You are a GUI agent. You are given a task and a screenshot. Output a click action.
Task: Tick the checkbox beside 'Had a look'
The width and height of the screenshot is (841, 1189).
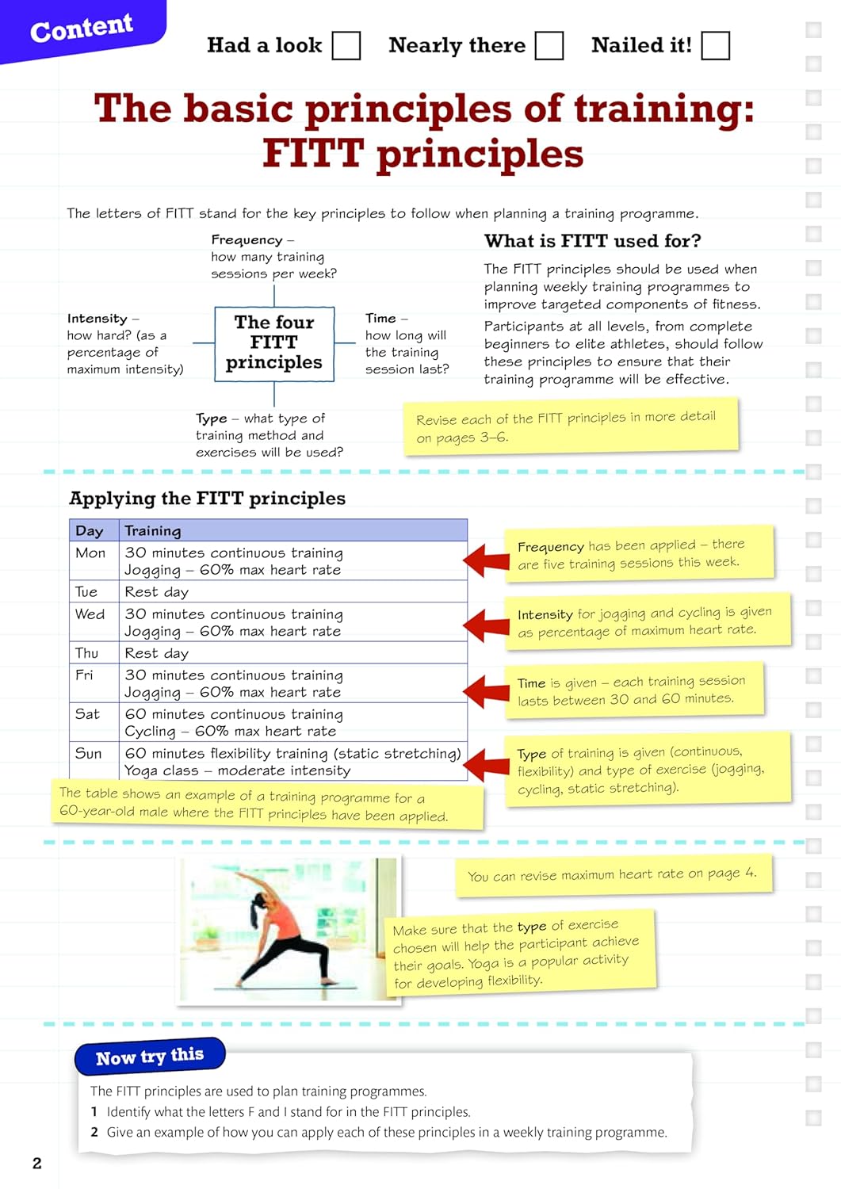pos(346,46)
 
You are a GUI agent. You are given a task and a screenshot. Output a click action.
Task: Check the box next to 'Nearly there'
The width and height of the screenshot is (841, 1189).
pos(549,46)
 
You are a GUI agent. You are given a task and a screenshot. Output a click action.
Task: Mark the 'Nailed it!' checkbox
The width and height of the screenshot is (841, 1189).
pos(715,46)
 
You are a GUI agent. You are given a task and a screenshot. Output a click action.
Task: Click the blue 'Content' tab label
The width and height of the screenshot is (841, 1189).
pos(82,29)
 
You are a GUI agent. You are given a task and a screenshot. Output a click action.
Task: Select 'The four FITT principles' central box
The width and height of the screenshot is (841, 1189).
pos(274,343)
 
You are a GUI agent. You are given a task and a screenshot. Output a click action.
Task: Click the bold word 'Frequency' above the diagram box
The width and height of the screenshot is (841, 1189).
pos(247,240)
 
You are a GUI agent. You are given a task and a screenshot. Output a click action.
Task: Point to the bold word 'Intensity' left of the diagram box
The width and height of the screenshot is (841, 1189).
pos(97,319)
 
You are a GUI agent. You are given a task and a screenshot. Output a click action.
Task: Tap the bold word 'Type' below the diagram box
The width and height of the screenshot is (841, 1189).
pos(211,419)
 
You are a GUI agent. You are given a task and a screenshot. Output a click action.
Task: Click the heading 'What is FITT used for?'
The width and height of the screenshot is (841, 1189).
pos(592,241)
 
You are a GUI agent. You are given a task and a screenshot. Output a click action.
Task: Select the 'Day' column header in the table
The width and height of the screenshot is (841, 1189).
pos(90,531)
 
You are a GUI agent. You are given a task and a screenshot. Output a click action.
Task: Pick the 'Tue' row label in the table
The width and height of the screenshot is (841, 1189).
pos(86,592)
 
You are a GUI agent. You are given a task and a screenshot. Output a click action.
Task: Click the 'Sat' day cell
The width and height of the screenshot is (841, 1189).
pos(87,714)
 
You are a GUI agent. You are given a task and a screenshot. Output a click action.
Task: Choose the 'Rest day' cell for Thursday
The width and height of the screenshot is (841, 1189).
pos(157,653)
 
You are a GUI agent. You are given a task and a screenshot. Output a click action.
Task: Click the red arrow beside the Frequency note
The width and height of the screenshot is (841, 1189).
pos(487,560)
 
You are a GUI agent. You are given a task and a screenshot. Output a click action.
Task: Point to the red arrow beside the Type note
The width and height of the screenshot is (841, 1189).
pos(487,765)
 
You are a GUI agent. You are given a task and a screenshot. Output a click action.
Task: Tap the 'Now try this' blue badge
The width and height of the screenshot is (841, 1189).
pos(150,1057)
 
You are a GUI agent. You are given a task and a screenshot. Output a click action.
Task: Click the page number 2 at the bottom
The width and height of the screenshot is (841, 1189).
pos(36,1163)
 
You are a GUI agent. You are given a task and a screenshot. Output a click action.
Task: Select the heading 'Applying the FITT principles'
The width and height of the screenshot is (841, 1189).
pos(208,499)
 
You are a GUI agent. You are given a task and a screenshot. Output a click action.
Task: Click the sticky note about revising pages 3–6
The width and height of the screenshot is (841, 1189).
pos(571,427)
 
